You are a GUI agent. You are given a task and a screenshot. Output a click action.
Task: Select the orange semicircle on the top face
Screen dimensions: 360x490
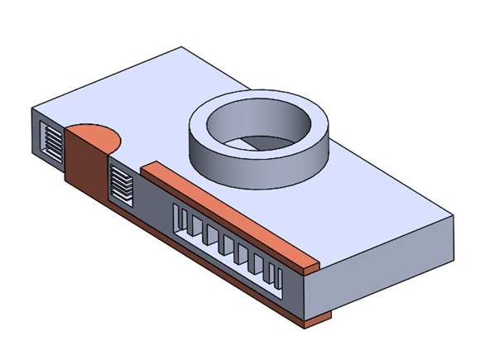click(x=94, y=136)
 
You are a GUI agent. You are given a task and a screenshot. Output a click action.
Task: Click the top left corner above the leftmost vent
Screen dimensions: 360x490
click(x=32, y=108)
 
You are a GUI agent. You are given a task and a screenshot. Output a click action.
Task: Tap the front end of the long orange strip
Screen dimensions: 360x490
click(x=308, y=266)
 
